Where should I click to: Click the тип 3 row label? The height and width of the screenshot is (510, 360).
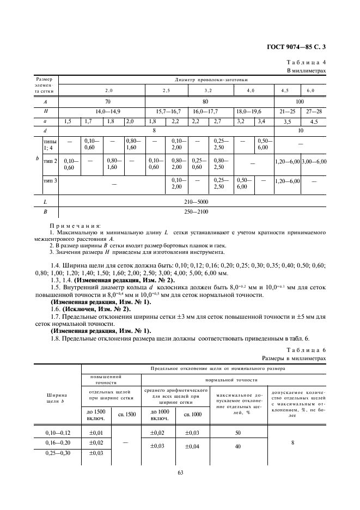click(50, 181)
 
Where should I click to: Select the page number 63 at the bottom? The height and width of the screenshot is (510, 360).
click(180, 472)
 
